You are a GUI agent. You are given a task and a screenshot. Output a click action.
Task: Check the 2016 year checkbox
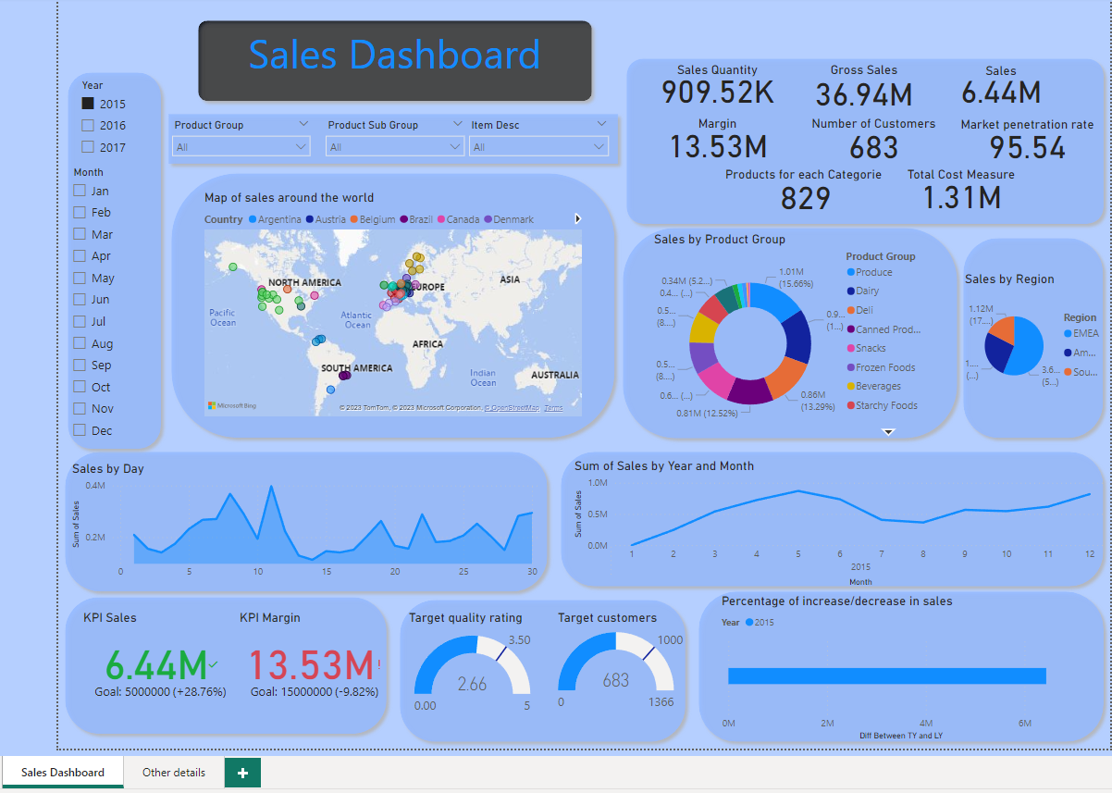(x=88, y=126)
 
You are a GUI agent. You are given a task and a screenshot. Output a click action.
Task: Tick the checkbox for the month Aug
(x=80, y=343)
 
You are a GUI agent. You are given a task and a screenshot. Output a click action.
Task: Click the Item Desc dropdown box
(x=538, y=146)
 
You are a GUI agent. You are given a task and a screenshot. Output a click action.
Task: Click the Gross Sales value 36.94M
(x=863, y=94)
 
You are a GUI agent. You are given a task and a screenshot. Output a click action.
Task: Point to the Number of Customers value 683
(x=873, y=147)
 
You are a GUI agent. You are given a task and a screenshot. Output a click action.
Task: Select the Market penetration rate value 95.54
(x=1027, y=147)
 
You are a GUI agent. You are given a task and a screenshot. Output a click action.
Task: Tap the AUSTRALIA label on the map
(x=555, y=375)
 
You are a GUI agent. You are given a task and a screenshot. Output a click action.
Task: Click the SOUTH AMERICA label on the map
(x=356, y=368)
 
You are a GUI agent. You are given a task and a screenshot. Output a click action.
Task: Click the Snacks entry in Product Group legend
(x=870, y=348)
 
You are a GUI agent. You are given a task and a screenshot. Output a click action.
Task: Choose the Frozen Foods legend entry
(x=884, y=367)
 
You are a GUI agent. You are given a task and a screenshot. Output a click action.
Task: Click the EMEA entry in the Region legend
(x=1085, y=333)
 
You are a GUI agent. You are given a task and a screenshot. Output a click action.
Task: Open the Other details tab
(x=174, y=772)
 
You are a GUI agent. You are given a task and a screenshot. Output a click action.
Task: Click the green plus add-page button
(x=242, y=773)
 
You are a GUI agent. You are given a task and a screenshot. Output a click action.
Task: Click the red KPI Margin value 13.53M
(x=311, y=665)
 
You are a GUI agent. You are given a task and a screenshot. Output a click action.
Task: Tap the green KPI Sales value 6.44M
(x=155, y=665)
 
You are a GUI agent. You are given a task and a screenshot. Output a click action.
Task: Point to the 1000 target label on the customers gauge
(x=670, y=640)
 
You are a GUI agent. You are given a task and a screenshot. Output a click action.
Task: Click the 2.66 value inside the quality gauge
(x=472, y=684)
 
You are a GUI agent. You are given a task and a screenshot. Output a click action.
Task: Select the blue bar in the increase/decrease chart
(x=886, y=675)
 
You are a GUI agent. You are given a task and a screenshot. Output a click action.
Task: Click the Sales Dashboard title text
(x=394, y=55)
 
